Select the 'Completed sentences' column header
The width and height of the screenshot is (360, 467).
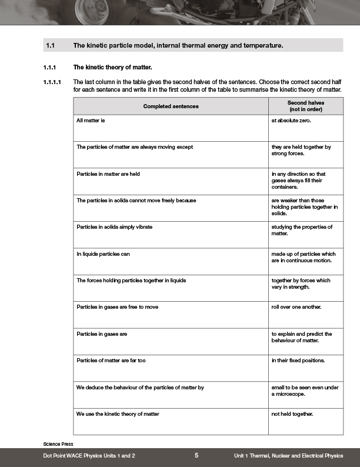[171, 106]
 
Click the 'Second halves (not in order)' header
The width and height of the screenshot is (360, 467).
[306, 106]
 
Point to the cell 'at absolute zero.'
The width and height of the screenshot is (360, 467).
[295, 120]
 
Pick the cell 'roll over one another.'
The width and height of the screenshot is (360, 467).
[296, 307]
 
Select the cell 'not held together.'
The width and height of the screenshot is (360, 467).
[293, 414]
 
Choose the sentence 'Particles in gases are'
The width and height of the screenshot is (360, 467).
[102, 334]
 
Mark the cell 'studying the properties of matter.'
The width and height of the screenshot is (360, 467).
[302, 230]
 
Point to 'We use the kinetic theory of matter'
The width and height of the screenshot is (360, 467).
[118, 414]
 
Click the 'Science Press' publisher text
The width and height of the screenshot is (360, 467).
[58, 443]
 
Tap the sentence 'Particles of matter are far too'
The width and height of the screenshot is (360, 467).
[111, 361]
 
